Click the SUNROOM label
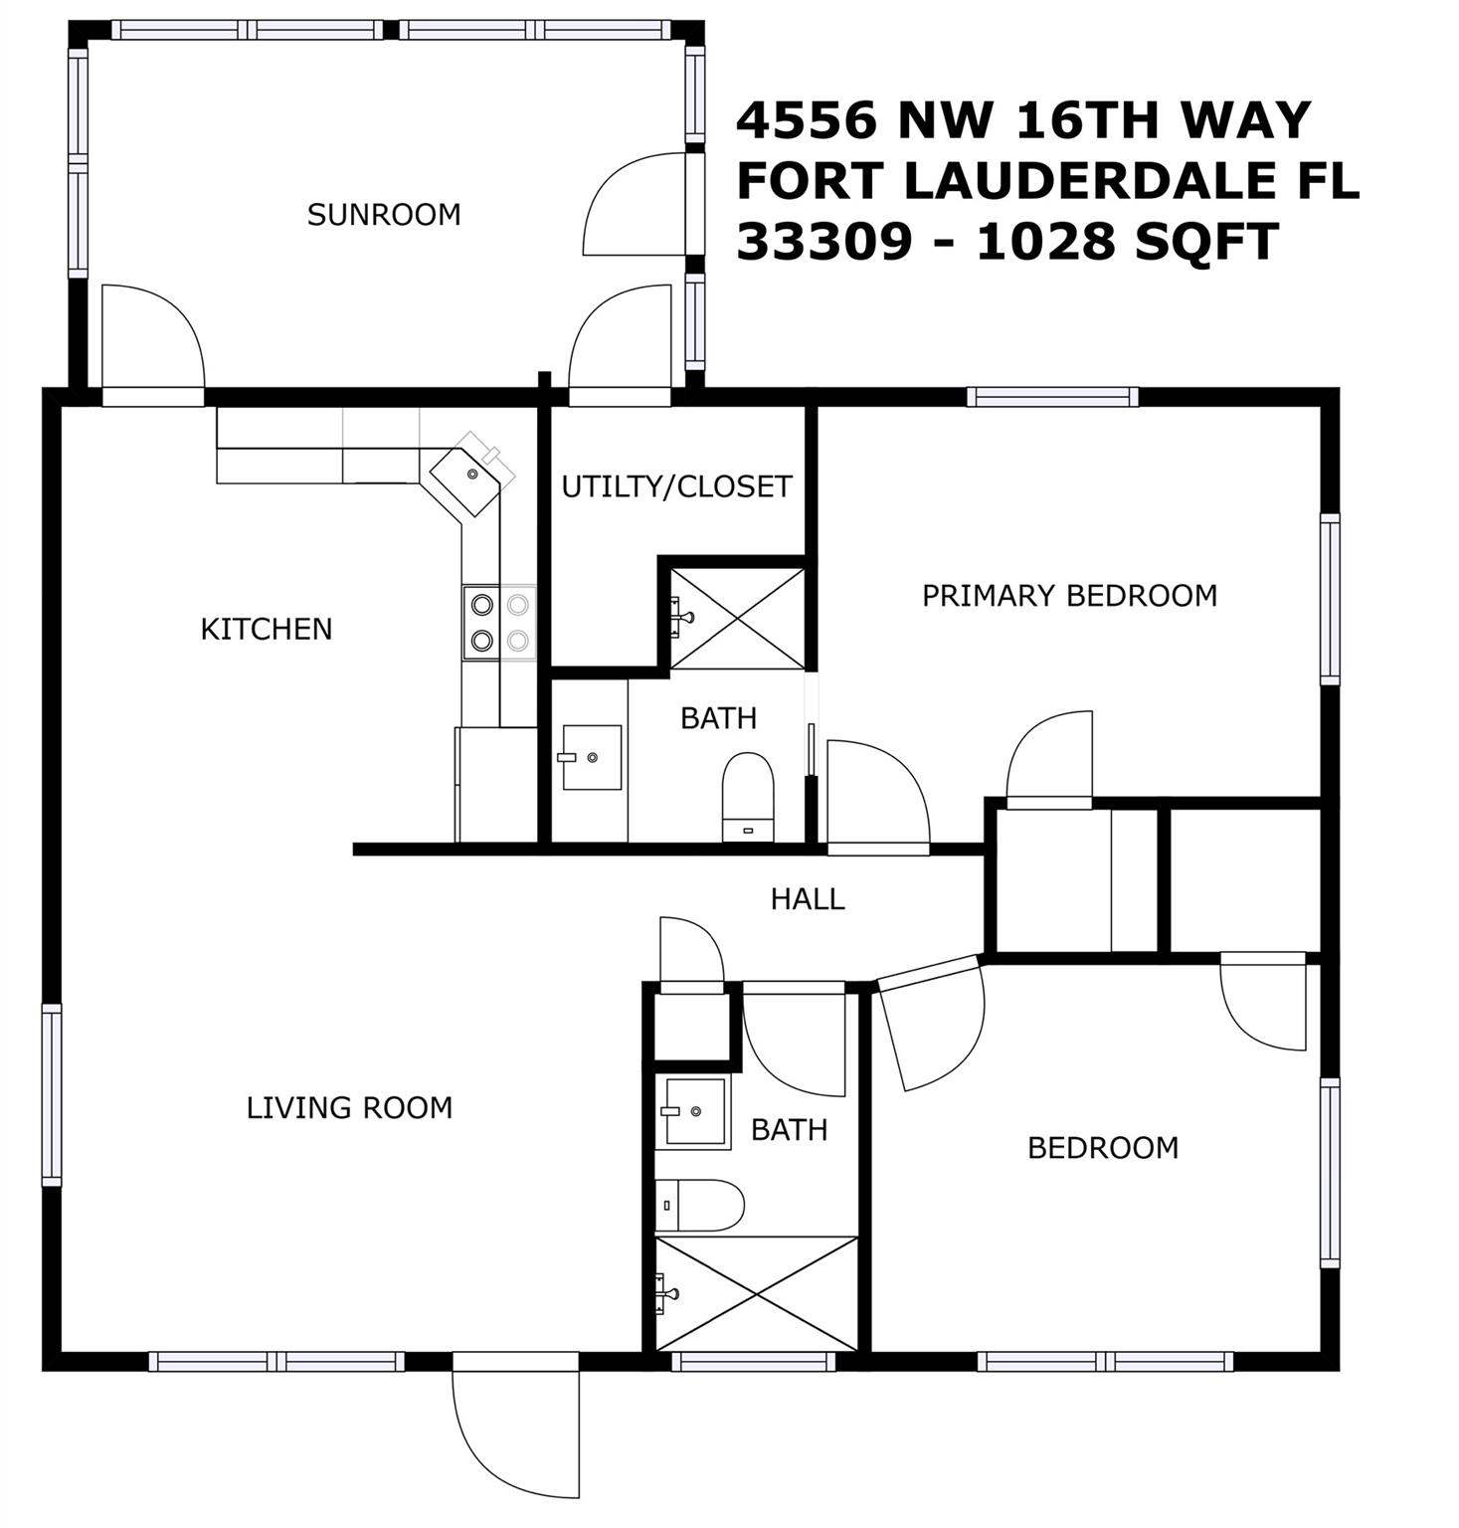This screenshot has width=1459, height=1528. coord(384,215)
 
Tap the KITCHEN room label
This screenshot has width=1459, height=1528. coord(267,629)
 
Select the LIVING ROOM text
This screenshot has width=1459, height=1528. coord(350,1107)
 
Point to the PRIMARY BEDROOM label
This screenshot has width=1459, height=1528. coord(1070,595)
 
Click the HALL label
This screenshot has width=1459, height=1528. coord(808,899)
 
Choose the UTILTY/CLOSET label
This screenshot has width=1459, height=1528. coord(676,486)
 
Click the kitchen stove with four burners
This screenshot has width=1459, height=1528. coord(499,622)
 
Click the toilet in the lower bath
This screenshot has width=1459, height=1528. coord(699,1205)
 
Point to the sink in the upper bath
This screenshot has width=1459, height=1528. coord(592,757)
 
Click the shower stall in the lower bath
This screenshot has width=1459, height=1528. coord(756,1293)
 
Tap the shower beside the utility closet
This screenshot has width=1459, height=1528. coord(737,618)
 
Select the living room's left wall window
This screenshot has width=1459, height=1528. coord(52,1094)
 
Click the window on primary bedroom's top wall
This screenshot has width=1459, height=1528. coord(1053,397)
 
